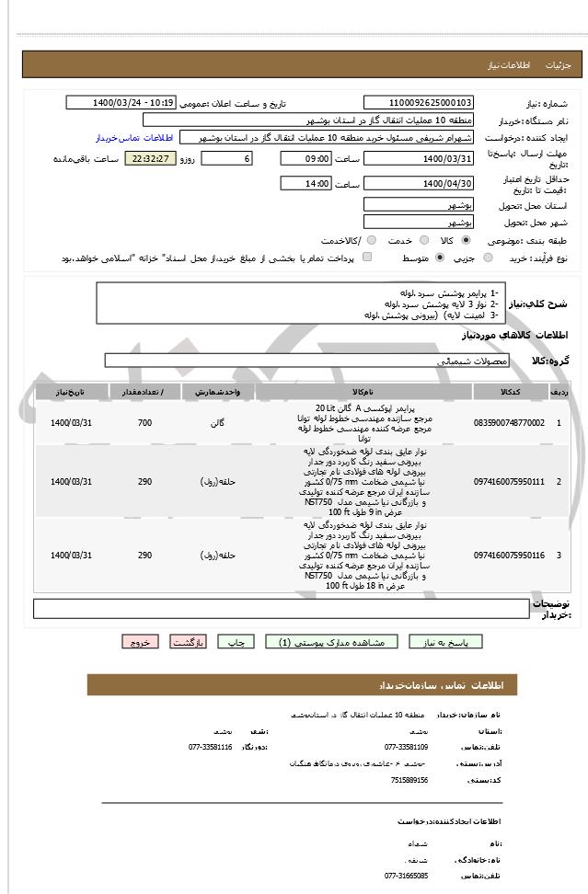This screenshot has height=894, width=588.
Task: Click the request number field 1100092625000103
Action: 419,103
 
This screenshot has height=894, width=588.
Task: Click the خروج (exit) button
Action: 140,642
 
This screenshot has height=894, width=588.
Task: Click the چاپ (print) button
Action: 235,642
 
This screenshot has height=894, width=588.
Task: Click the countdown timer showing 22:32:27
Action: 148,159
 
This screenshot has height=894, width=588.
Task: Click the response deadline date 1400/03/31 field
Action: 419,159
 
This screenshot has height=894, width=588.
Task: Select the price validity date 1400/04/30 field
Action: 419,184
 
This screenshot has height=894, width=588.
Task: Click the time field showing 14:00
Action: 306,184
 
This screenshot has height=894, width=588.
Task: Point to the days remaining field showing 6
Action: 225,159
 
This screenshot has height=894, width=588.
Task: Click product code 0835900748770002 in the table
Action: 509,423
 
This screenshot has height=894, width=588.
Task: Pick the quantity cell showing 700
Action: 144,423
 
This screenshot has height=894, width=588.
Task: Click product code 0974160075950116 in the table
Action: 509,556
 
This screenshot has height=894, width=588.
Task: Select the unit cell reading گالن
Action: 218,423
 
